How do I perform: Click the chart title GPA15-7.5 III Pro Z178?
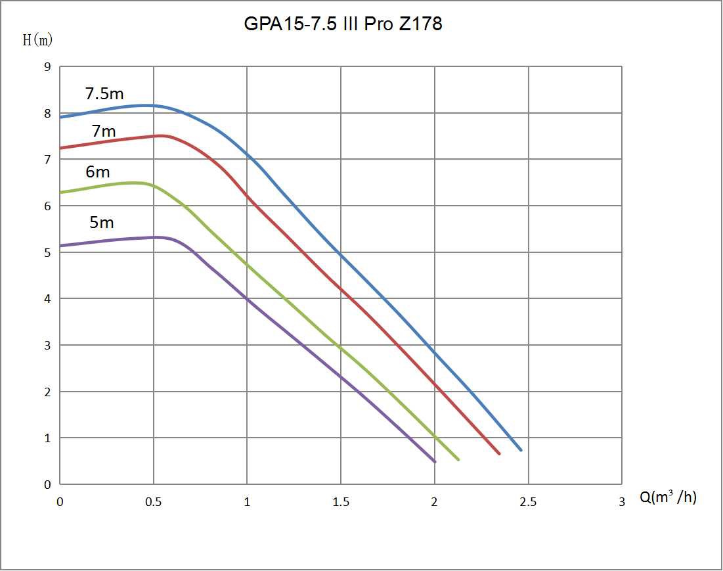(x=343, y=24)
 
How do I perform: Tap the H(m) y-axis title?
(x=37, y=40)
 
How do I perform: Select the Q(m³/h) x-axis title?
(x=668, y=497)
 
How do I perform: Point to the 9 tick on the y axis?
(x=47, y=66)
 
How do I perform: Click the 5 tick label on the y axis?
(x=47, y=252)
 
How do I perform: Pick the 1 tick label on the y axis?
(x=47, y=438)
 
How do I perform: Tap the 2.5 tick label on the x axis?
(x=528, y=502)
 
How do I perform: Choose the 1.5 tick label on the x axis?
(x=341, y=502)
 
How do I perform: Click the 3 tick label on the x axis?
(x=621, y=502)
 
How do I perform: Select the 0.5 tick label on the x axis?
(x=153, y=502)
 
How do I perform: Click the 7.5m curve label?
(x=104, y=93)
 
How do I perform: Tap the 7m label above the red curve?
(x=104, y=131)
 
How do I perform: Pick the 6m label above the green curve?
(x=98, y=172)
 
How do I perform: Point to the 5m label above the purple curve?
(x=101, y=222)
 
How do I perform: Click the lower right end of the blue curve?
(x=521, y=450)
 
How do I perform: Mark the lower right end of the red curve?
(x=499, y=453)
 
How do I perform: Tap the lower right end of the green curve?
(x=458, y=459)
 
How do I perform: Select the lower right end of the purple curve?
(x=435, y=461)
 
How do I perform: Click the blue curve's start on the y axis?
(x=60, y=117)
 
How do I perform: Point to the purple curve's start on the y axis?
(x=60, y=246)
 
